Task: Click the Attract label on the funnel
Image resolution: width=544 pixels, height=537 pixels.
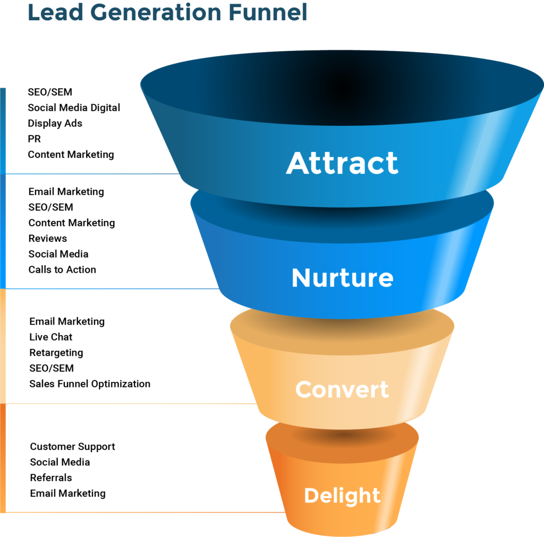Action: pyautogui.click(x=342, y=163)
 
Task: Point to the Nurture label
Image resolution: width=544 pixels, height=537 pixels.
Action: pyautogui.click(x=342, y=278)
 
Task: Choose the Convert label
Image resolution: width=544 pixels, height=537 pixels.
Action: pyautogui.click(x=342, y=389)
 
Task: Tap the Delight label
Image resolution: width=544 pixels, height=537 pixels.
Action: pyautogui.click(x=342, y=496)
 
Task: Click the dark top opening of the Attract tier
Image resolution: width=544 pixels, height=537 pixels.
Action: pyautogui.click(x=342, y=85)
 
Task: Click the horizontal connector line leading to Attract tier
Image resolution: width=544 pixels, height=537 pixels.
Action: pyautogui.click(x=90, y=174)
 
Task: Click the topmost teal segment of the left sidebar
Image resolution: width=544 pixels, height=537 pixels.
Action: pyautogui.click(x=3, y=130)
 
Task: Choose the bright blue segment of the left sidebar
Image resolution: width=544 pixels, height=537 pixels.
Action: pyautogui.click(x=3, y=231)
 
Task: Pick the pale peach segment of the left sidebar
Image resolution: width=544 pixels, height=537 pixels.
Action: pyautogui.click(x=3, y=345)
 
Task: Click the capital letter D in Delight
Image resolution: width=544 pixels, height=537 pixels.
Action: pyautogui.click(x=311, y=496)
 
